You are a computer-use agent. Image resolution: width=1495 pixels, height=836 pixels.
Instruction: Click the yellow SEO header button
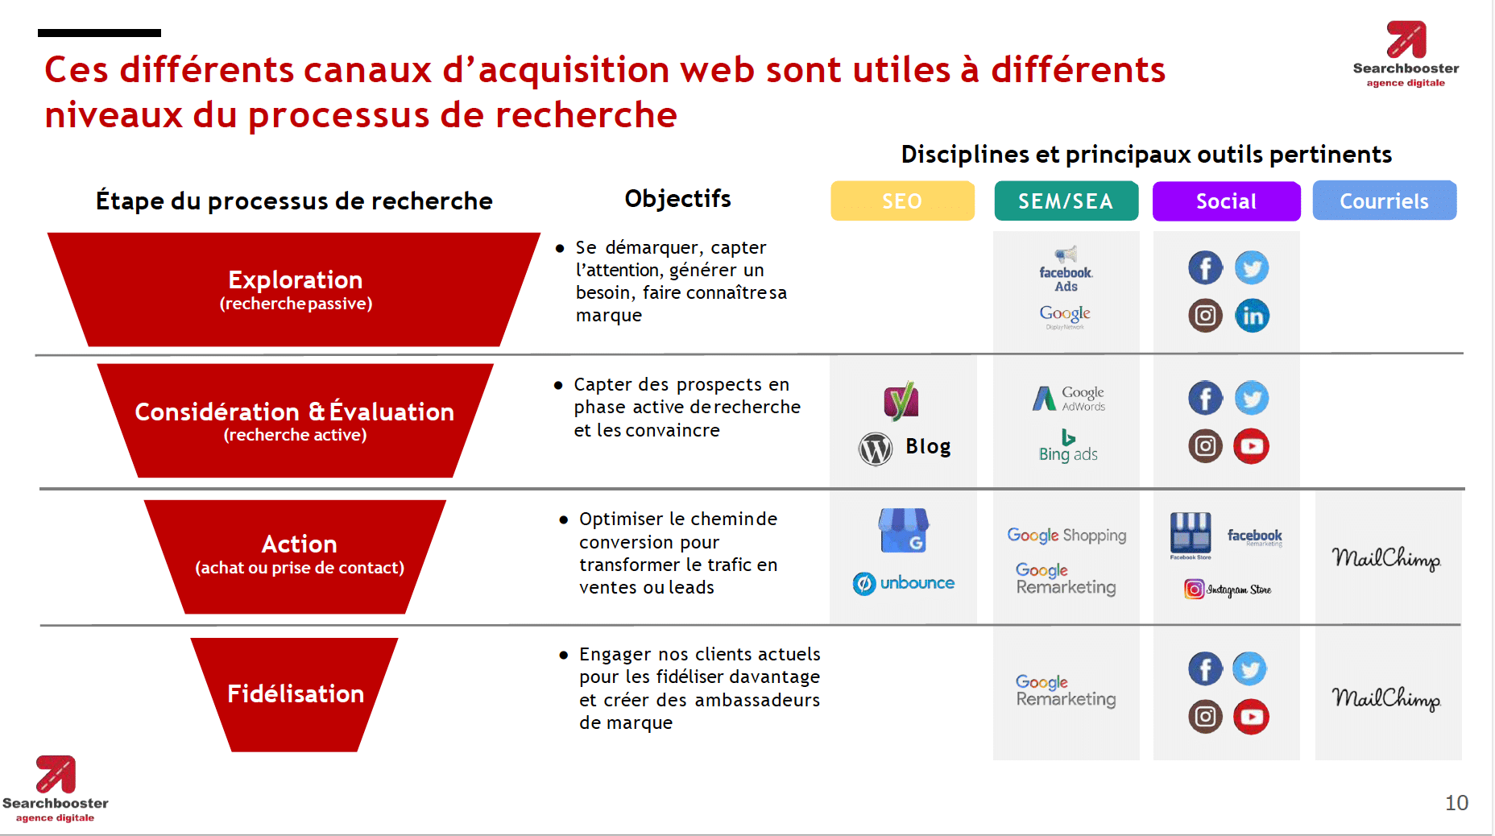[902, 201]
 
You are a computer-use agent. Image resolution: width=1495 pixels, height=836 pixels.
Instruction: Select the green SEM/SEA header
[1066, 201]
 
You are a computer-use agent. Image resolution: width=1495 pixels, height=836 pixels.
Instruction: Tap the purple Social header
[1226, 201]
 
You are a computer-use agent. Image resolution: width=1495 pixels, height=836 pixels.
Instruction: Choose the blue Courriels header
[1384, 201]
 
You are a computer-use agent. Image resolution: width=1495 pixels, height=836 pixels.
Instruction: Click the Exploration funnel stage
[295, 289]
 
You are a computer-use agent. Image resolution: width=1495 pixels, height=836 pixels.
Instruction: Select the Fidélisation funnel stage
[295, 693]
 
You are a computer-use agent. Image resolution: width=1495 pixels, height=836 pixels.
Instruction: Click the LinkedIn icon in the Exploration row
[1252, 316]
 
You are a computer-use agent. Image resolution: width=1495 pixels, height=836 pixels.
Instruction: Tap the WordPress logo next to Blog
[876, 449]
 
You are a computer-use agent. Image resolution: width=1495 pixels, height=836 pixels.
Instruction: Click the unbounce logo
[904, 582]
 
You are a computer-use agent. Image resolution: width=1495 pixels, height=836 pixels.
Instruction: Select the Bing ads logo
[1068, 447]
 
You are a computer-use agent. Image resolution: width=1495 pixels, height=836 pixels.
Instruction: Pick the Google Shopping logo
[1066, 535]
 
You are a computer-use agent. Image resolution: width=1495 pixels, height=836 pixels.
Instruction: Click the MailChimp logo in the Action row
[1385, 558]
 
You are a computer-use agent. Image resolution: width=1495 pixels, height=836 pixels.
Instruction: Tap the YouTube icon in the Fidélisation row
[1251, 716]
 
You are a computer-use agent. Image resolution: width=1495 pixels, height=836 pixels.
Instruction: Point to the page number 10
[1456, 803]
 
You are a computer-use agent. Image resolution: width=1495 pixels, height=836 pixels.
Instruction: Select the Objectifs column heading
[677, 199]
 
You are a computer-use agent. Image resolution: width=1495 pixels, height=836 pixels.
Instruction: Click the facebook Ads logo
[1066, 271]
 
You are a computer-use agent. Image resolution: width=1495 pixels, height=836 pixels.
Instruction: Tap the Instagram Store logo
[1228, 590]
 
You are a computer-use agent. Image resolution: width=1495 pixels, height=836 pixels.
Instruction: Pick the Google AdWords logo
[1069, 398]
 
